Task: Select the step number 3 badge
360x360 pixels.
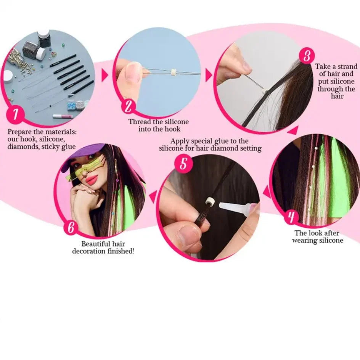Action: point(307,56)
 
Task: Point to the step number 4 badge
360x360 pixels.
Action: point(291,217)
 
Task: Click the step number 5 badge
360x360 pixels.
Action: point(183,164)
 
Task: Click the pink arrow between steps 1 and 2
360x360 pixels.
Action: point(105,75)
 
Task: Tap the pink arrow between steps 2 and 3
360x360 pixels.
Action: point(209,75)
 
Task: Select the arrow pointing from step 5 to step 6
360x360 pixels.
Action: point(153,197)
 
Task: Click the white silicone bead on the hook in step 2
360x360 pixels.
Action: point(173,71)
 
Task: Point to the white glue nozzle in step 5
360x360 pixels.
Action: point(233,206)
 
